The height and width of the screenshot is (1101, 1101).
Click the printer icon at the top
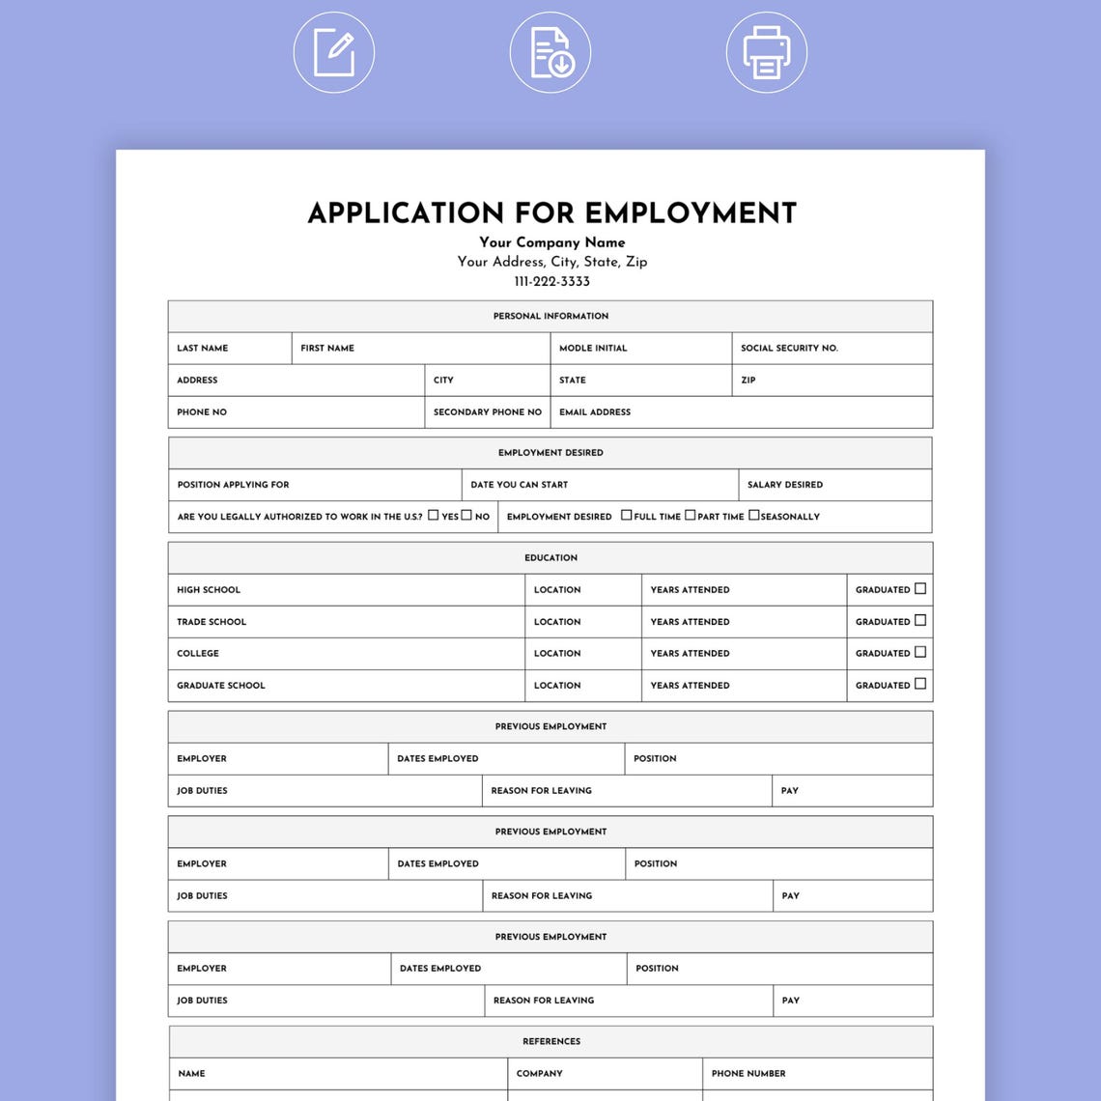coord(766,52)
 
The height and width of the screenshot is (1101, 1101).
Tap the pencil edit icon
coord(334,52)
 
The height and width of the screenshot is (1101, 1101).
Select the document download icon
coord(550,52)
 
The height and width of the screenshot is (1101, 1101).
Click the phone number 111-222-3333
coord(551,282)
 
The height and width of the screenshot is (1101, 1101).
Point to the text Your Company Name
coord(551,242)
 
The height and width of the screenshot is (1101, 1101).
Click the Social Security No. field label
coord(789,348)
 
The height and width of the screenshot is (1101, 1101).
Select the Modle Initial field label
coord(593,348)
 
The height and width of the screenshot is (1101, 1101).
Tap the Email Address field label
coord(595,412)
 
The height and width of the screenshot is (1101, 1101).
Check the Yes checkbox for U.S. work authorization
coord(434,516)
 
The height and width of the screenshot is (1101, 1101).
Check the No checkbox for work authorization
coord(466,516)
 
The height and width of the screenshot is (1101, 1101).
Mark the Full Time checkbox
coord(627,516)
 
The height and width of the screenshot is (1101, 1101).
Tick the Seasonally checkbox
coord(754,516)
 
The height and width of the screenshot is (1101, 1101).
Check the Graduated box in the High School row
coord(920,589)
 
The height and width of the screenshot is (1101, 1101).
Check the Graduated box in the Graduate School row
coord(920,685)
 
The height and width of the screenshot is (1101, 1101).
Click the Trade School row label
coord(212,622)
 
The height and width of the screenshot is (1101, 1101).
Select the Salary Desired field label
coord(785,485)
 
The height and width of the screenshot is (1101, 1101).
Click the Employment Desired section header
coord(550,453)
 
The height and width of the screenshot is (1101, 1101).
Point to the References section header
coord(551,1042)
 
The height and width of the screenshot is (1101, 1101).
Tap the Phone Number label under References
coord(748,1074)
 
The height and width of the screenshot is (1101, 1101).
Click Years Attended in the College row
coord(690,654)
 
